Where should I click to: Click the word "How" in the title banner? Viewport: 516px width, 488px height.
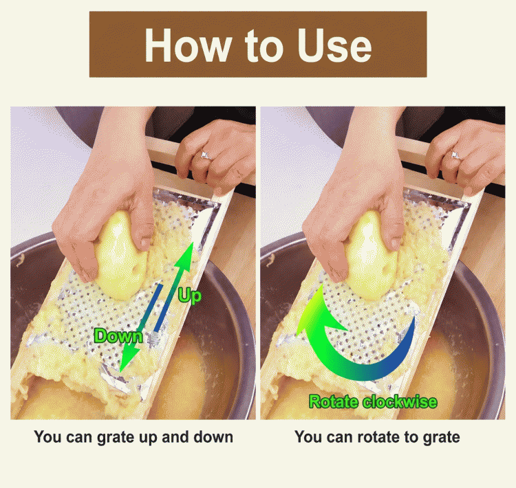pyautogui.click(x=188, y=45)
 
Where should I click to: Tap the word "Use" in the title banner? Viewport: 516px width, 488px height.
pyautogui.click(x=334, y=45)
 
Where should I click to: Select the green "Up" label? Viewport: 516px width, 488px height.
pyautogui.click(x=189, y=296)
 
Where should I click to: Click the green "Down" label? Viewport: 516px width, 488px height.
pyautogui.click(x=118, y=336)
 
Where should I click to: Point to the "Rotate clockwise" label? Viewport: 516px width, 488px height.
pyautogui.click(x=373, y=402)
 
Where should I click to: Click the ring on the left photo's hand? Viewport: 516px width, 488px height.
pyautogui.click(x=206, y=155)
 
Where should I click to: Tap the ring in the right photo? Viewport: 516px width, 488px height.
pyautogui.click(x=456, y=155)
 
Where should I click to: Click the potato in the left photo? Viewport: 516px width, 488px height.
pyautogui.click(x=119, y=256)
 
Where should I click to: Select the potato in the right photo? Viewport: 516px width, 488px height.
pyautogui.click(x=369, y=256)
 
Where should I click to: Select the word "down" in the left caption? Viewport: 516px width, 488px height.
pyautogui.click(x=213, y=436)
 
